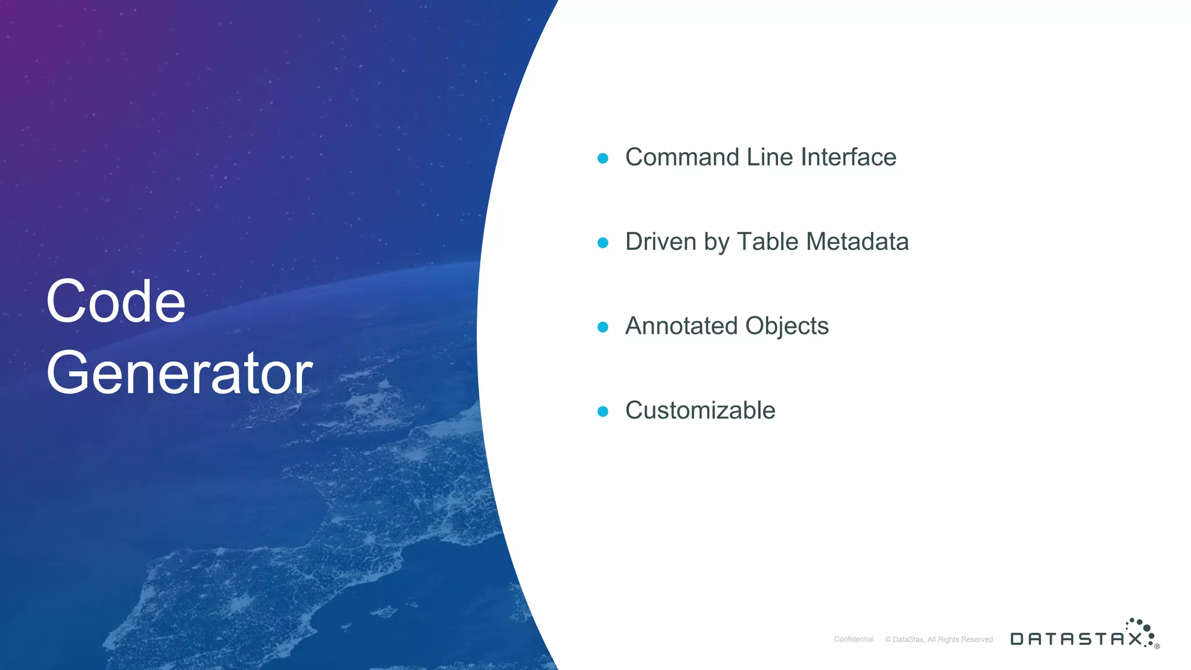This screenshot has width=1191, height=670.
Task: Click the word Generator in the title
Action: point(179,373)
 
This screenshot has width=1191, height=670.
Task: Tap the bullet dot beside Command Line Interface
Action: point(603,158)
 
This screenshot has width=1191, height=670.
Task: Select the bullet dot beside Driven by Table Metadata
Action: point(603,243)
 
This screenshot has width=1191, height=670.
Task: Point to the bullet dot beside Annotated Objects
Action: point(603,327)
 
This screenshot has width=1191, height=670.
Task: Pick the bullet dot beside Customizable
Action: point(603,411)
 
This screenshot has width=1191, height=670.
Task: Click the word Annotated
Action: point(682,326)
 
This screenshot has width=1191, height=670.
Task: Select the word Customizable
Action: point(700,410)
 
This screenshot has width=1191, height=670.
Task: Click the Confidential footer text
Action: point(854,639)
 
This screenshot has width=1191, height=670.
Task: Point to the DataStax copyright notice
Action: point(940,639)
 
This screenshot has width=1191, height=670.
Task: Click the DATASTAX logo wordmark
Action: point(1076,639)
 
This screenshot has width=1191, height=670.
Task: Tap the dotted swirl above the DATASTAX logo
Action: point(1141,628)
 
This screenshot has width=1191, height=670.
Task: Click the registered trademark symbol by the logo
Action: point(1157,646)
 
